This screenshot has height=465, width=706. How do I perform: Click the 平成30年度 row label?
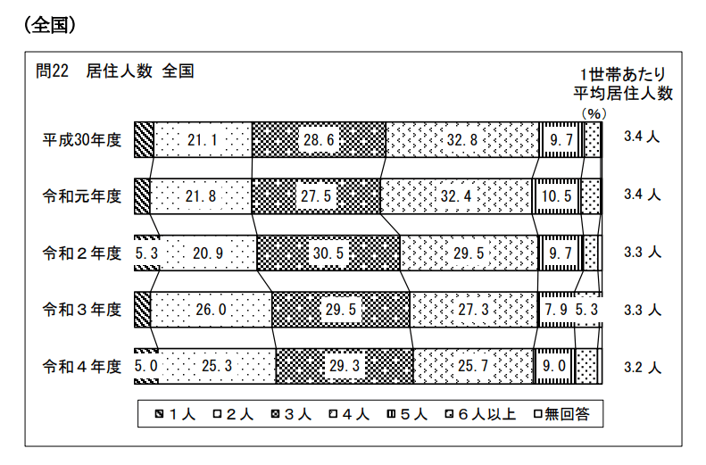82,140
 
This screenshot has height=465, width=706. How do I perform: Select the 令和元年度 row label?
82,195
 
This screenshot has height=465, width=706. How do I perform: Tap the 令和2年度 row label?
82,253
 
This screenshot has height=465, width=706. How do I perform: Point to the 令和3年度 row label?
82,310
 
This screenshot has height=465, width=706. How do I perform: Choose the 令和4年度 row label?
82,366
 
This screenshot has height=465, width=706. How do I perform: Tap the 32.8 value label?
461,140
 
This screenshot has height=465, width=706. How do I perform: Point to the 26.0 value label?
212,310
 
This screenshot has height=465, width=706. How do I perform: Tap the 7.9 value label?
554,310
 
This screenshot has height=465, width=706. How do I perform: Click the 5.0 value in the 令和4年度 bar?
145,366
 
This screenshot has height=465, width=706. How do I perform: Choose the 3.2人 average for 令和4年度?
643,366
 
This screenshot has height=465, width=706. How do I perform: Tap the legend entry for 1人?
175,414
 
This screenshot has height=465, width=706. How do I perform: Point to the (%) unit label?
594,113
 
